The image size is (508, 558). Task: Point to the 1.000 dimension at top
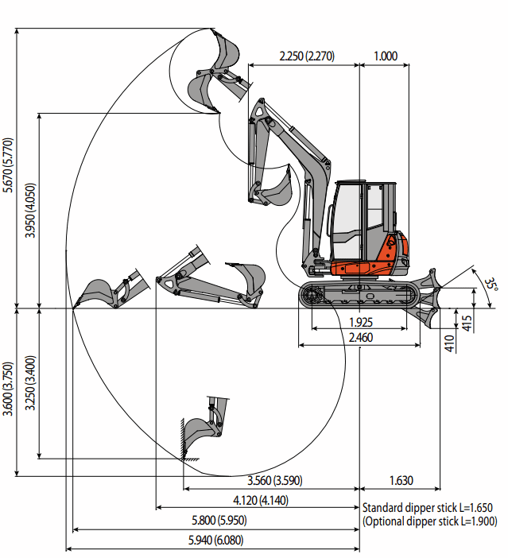pyautogui.click(x=385, y=56)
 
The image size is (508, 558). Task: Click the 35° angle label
pyautogui.click(x=492, y=285)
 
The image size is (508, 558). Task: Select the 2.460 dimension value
pyautogui.click(x=361, y=338)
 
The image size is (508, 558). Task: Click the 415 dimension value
pyautogui.click(x=467, y=323)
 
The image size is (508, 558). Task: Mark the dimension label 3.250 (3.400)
pyautogui.click(x=31, y=383)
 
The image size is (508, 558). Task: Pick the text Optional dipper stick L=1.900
pyautogui.click(x=429, y=521)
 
